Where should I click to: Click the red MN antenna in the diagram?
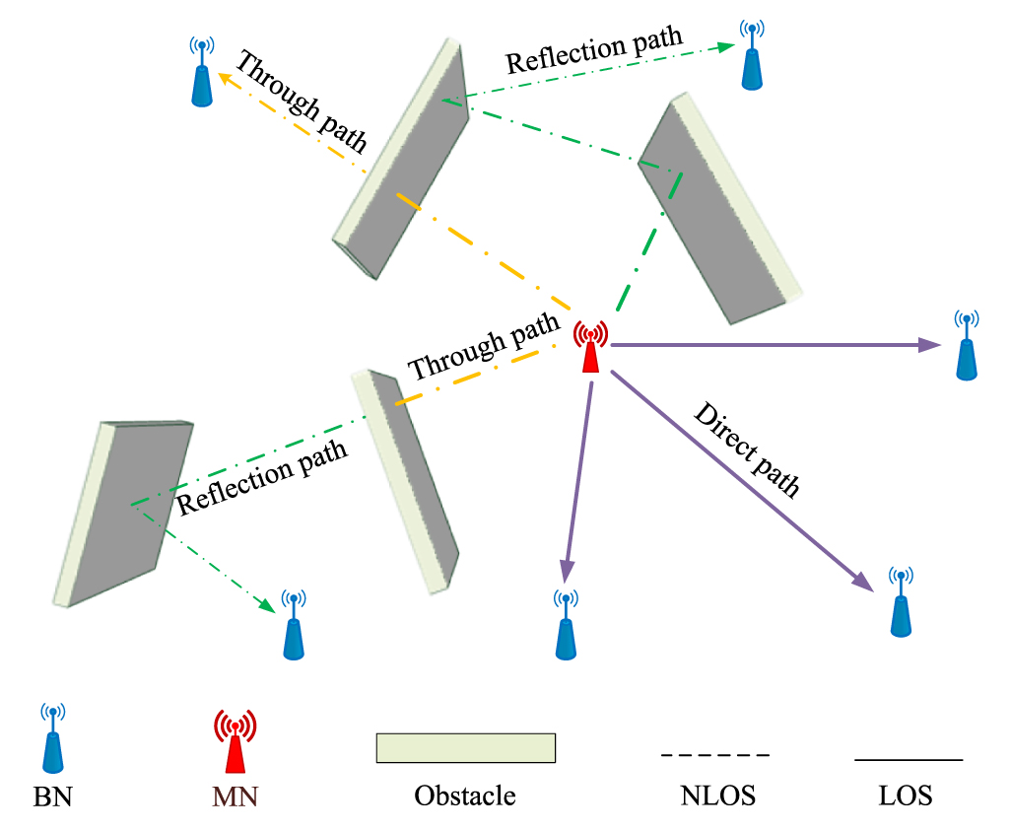(590, 348)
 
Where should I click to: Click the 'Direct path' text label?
(747, 450)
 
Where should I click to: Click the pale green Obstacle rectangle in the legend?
(466, 748)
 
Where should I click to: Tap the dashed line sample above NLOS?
(714, 755)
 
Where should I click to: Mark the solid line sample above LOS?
(908, 760)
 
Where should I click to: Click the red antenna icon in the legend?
(235, 741)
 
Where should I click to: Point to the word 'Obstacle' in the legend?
(465, 795)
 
